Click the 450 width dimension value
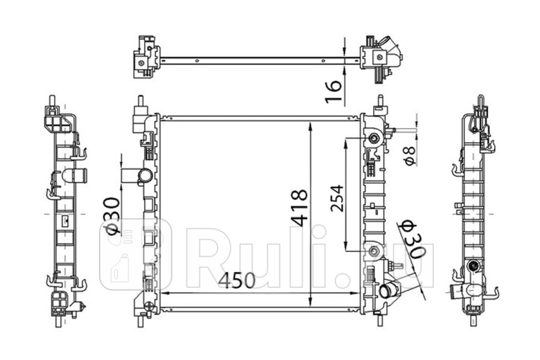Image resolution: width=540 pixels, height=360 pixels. click(x=236, y=280)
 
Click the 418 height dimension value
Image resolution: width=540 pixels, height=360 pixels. click(x=299, y=208)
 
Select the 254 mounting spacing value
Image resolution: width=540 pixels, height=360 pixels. click(x=337, y=198)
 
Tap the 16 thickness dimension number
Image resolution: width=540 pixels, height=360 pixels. click(x=333, y=92)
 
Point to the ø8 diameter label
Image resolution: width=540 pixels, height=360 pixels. click(x=410, y=156)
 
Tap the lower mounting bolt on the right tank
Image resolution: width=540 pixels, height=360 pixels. click(x=374, y=251)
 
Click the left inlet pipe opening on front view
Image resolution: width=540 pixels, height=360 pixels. click(x=145, y=175)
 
